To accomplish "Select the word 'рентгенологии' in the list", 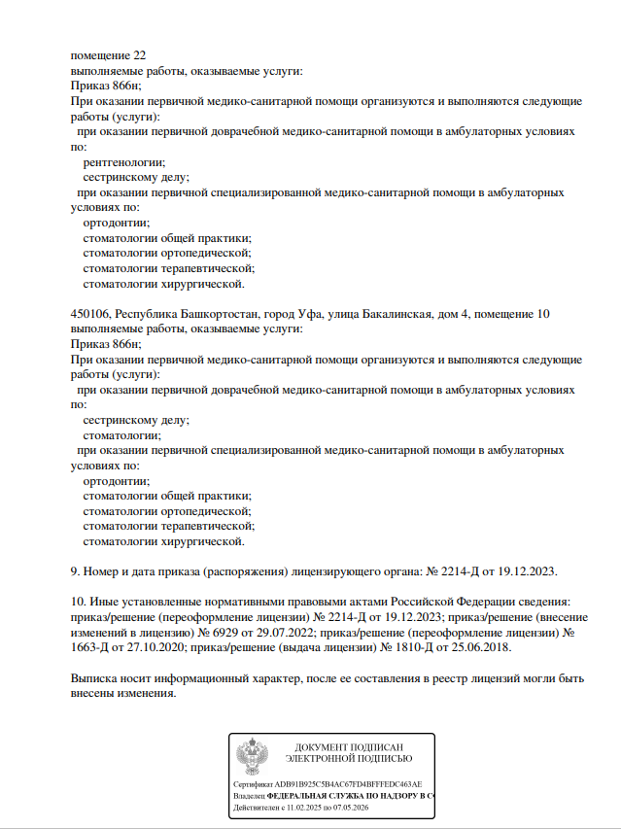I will point(123,163).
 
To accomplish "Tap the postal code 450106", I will point(90,314).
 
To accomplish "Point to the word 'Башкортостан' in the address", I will point(219,314).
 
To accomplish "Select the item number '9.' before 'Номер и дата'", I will point(77,571).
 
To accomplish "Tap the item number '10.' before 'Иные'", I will point(80,603).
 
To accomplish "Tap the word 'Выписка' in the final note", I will point(96,678).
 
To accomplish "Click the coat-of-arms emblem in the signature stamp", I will point(259,759).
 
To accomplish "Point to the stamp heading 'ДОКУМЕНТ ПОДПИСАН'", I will point(349,746).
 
